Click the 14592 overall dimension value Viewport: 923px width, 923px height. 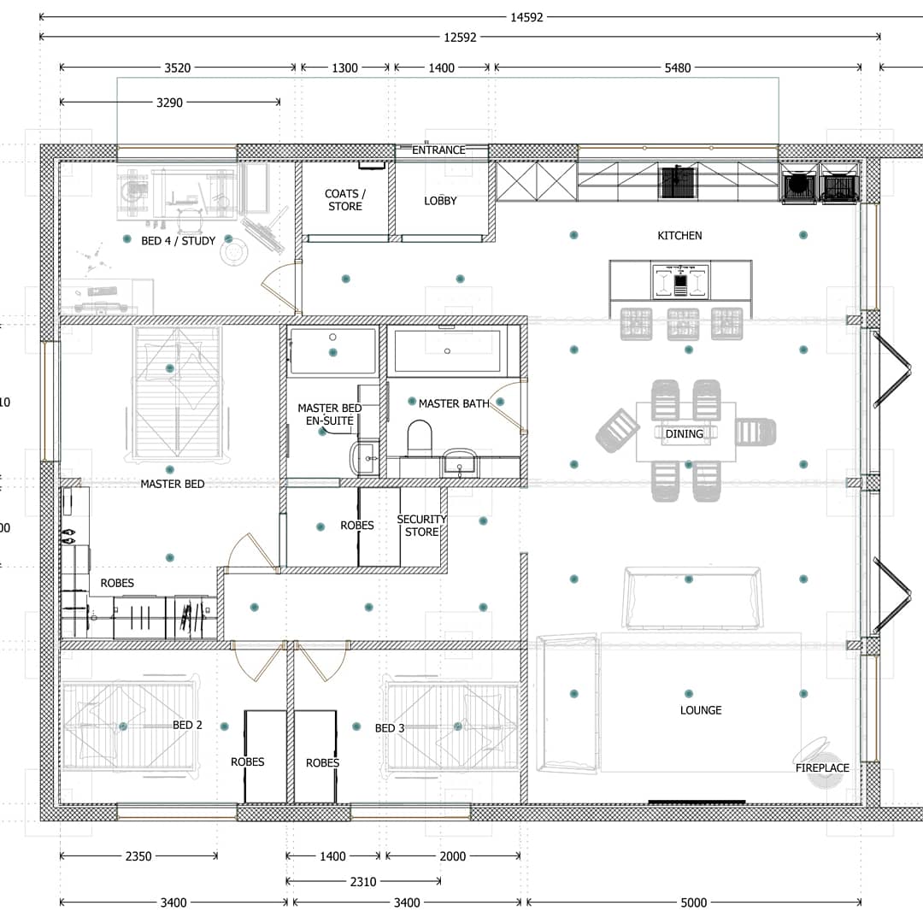[x=526, y=17]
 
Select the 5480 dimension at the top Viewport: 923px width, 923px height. [x=678, y=68]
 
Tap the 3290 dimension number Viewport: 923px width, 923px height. [x=169, y=103]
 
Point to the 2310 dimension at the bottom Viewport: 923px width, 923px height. [x=363, y=881]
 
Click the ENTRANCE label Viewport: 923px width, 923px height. [x=438, y=150]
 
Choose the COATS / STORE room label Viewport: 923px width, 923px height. [x=345, y=199]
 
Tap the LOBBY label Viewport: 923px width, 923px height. [x=440, y=201]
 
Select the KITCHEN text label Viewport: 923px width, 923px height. [x=680, y=236]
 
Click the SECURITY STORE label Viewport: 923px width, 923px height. [x=421, y=525]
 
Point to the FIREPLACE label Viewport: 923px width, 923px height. [x=822, y=767]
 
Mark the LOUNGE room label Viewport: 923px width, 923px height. [x=701, y=710]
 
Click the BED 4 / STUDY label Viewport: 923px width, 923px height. [x=179, y=241]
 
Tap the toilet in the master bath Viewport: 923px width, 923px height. [x=420, y=438]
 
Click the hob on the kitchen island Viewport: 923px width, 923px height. [x=680, y=282]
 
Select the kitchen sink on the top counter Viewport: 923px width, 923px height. [x=677, y=183]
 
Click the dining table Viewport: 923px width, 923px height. [x=685, y=432]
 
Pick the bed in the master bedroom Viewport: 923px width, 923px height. [x=177, y=392]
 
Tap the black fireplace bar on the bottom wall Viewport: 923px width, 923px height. [x=697, y=802]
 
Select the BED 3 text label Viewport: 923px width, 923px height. [x=390, y=728]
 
